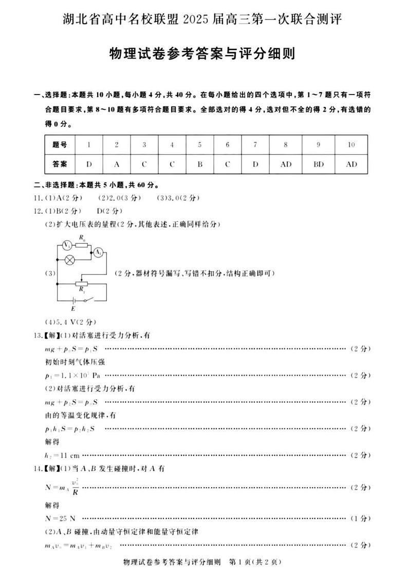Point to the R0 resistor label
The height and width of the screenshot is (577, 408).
[x=82, y=237]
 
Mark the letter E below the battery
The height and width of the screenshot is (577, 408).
[x=72, y=309]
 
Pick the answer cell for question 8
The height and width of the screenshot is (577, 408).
[x=286, y=164]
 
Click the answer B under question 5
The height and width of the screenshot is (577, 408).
[x=200, y=164]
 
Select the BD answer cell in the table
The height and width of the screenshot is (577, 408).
[x=319, y=164]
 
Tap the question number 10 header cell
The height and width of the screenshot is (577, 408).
[x=351, y=145]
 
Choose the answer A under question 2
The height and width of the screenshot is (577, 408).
[x=117, y=164]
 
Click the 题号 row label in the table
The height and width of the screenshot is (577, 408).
[x=60, y=145]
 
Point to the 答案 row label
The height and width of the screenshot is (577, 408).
[x=60, y=164]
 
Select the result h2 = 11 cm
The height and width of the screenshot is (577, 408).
[x=62, y=455]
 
